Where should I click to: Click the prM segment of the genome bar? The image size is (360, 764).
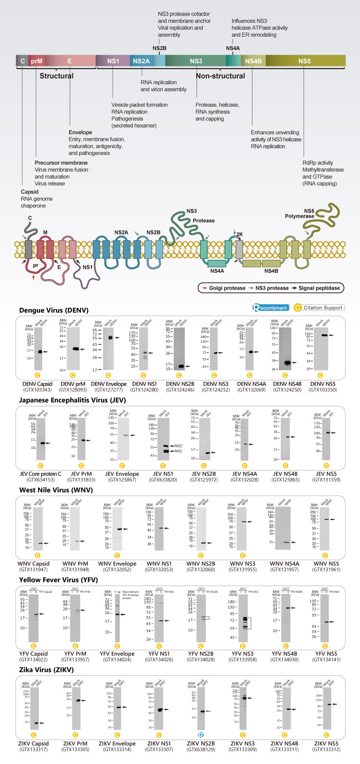coord(37,61)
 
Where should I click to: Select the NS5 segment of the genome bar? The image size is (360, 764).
coord(305,61)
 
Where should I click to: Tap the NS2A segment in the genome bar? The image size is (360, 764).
coord(141,61)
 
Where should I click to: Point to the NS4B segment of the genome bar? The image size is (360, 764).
coord(253,61)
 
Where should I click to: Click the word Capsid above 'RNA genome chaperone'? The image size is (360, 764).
coord(30,192)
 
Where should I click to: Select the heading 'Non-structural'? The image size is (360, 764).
coord(220,76)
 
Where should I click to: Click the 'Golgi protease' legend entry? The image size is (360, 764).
coord(223,288)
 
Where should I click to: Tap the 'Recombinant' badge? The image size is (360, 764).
coord(271,308)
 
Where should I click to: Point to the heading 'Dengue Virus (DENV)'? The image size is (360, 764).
coord(54,310)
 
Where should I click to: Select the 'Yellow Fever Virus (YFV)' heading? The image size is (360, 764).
coord(58,580)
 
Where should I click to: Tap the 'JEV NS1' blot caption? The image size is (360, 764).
coord(163,474)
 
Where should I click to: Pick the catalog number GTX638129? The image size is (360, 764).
coord(201,750)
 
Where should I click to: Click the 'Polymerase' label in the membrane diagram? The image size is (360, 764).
coord(299,216)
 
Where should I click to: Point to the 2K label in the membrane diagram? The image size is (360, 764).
coord(239,234)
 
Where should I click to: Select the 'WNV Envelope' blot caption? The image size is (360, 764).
coord(117,564)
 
